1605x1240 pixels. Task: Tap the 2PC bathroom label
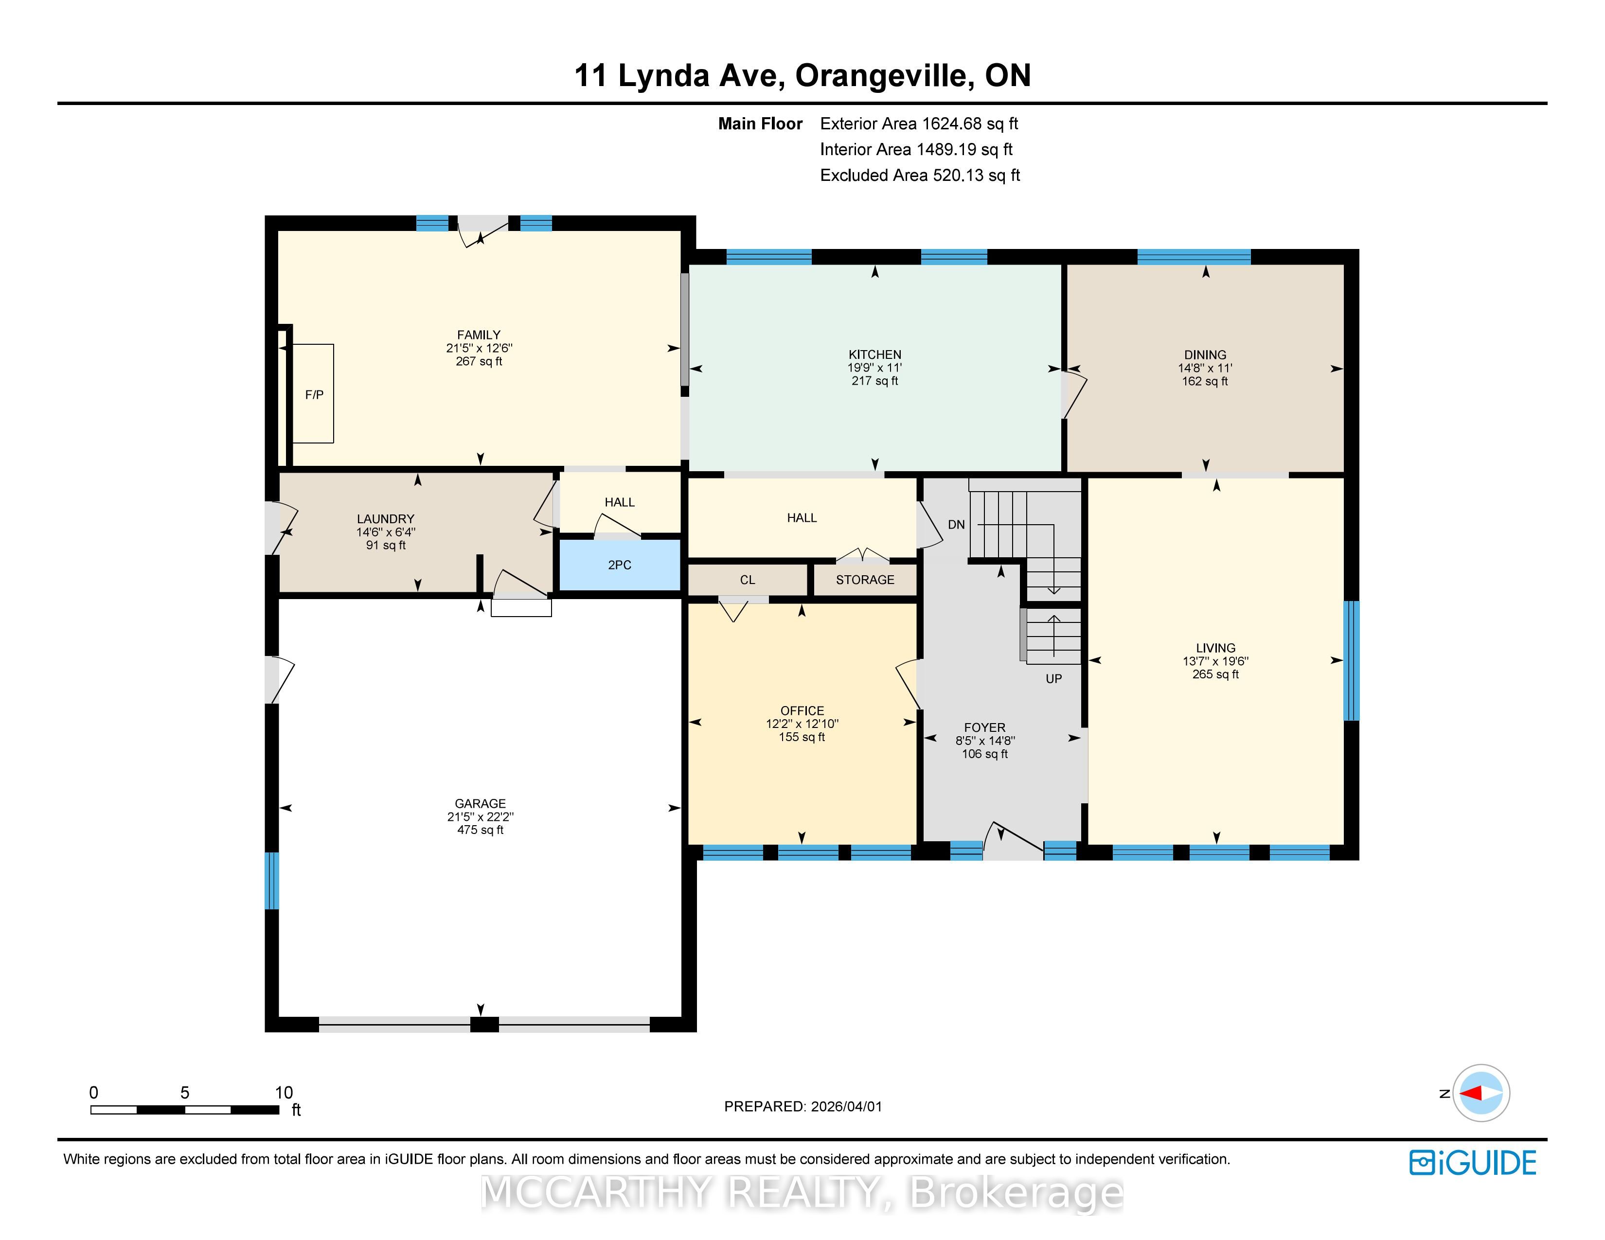tap(620, 565)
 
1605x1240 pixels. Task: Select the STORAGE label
tap(865, 580)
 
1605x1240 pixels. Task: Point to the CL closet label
tap(748, 580)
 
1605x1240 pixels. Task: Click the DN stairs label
tap(956, 525)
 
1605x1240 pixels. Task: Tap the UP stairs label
tap(1054, 679)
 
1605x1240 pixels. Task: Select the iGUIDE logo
tap(1473, 1163)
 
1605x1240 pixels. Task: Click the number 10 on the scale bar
tap(284, 1092)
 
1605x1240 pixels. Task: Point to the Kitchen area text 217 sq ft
tap(874, 381)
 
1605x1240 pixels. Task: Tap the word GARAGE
tap(480, 804)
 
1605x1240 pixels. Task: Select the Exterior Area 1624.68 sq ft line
tap(919, 124)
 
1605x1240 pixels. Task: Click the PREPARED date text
tap(802, 1106)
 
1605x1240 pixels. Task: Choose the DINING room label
tap(1205, 355)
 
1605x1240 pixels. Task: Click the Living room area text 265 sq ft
tap(1215, 674)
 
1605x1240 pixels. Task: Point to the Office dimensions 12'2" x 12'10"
tap(802, 724)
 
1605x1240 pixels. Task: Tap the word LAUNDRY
tap(385, 519)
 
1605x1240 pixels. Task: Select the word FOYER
tap(985, 728)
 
